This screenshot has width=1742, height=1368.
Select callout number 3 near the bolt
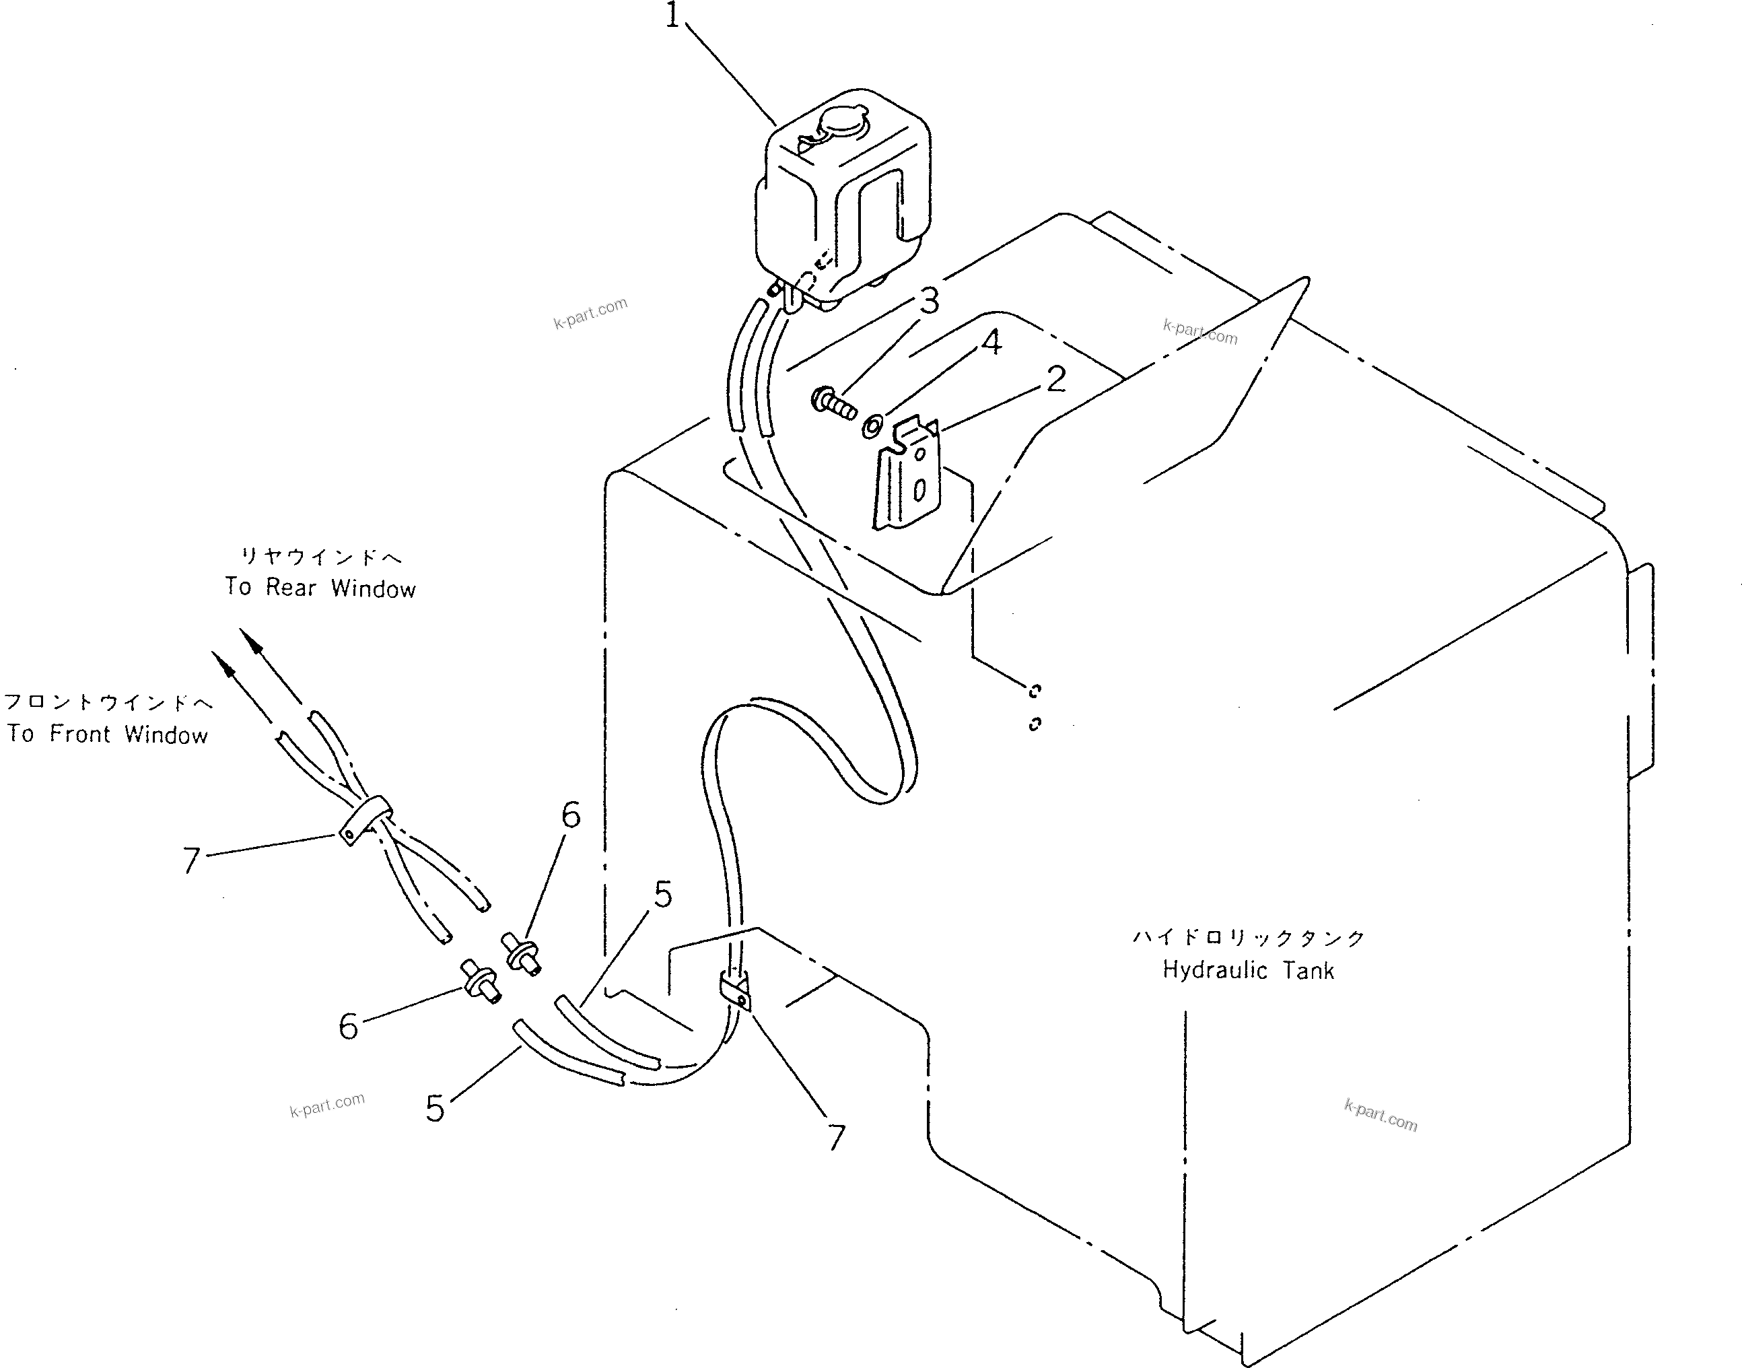click(929, 302)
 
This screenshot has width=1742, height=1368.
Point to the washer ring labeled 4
click(872, 425)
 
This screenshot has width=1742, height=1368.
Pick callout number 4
click(991, 343)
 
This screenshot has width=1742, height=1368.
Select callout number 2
click(1056, 380)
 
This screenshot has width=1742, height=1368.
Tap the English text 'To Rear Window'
click(320, 588)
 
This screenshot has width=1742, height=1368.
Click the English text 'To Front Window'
click(107, 734)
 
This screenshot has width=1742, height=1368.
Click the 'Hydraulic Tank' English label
click(1248, 971)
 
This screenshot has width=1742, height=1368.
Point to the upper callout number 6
click(570, 815)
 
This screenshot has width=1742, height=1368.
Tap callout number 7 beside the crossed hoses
click(190, 861)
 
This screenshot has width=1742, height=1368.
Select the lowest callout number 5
click(435, 1109)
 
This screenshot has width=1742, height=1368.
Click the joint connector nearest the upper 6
click(522, 953)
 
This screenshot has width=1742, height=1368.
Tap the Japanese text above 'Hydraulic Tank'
click(1248, 937)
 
